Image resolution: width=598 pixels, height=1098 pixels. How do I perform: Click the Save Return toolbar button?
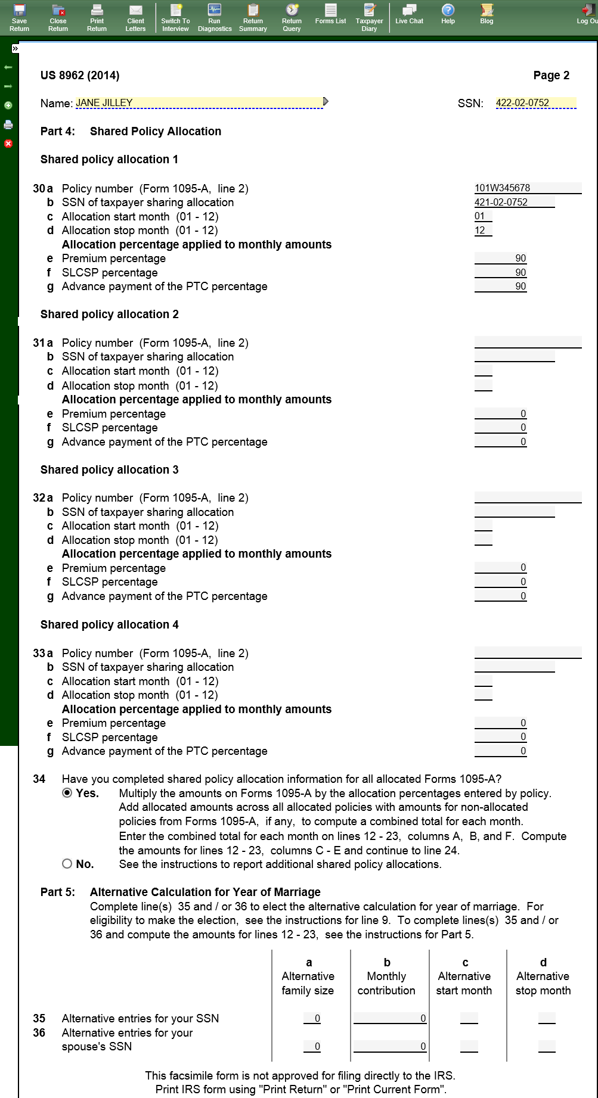pos(19,17)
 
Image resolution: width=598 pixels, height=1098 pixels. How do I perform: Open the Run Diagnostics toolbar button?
pos(215,17)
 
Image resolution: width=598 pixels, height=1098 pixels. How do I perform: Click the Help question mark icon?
pos(448,10)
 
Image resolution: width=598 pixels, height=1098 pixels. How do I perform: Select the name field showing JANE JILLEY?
pos(199,103)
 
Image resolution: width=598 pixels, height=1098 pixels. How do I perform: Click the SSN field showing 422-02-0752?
pos(535,103)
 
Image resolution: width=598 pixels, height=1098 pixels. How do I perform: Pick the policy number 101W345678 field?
pos(528,188)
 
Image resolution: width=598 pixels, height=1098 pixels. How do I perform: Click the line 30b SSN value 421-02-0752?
pos(514,203)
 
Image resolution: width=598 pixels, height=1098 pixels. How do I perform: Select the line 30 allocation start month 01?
pos(483,216)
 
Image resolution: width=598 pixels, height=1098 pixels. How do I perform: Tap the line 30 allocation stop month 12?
pos(483,231)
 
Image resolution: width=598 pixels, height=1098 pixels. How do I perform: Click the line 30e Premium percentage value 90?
pos(501,259)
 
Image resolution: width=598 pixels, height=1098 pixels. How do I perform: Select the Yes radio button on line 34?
pos(67,793)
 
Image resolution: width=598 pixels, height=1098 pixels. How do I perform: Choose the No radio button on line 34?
pos(67,864)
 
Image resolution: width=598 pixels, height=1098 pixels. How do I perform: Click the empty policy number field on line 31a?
pos(528,343)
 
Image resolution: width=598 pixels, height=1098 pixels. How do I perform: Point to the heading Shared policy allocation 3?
pos(109,469)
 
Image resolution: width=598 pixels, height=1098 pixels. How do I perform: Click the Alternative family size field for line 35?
pos(312,1018)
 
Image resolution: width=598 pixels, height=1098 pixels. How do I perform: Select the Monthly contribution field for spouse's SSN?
pos(390,1046)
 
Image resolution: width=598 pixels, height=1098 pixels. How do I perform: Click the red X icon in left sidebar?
pos(8,144)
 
